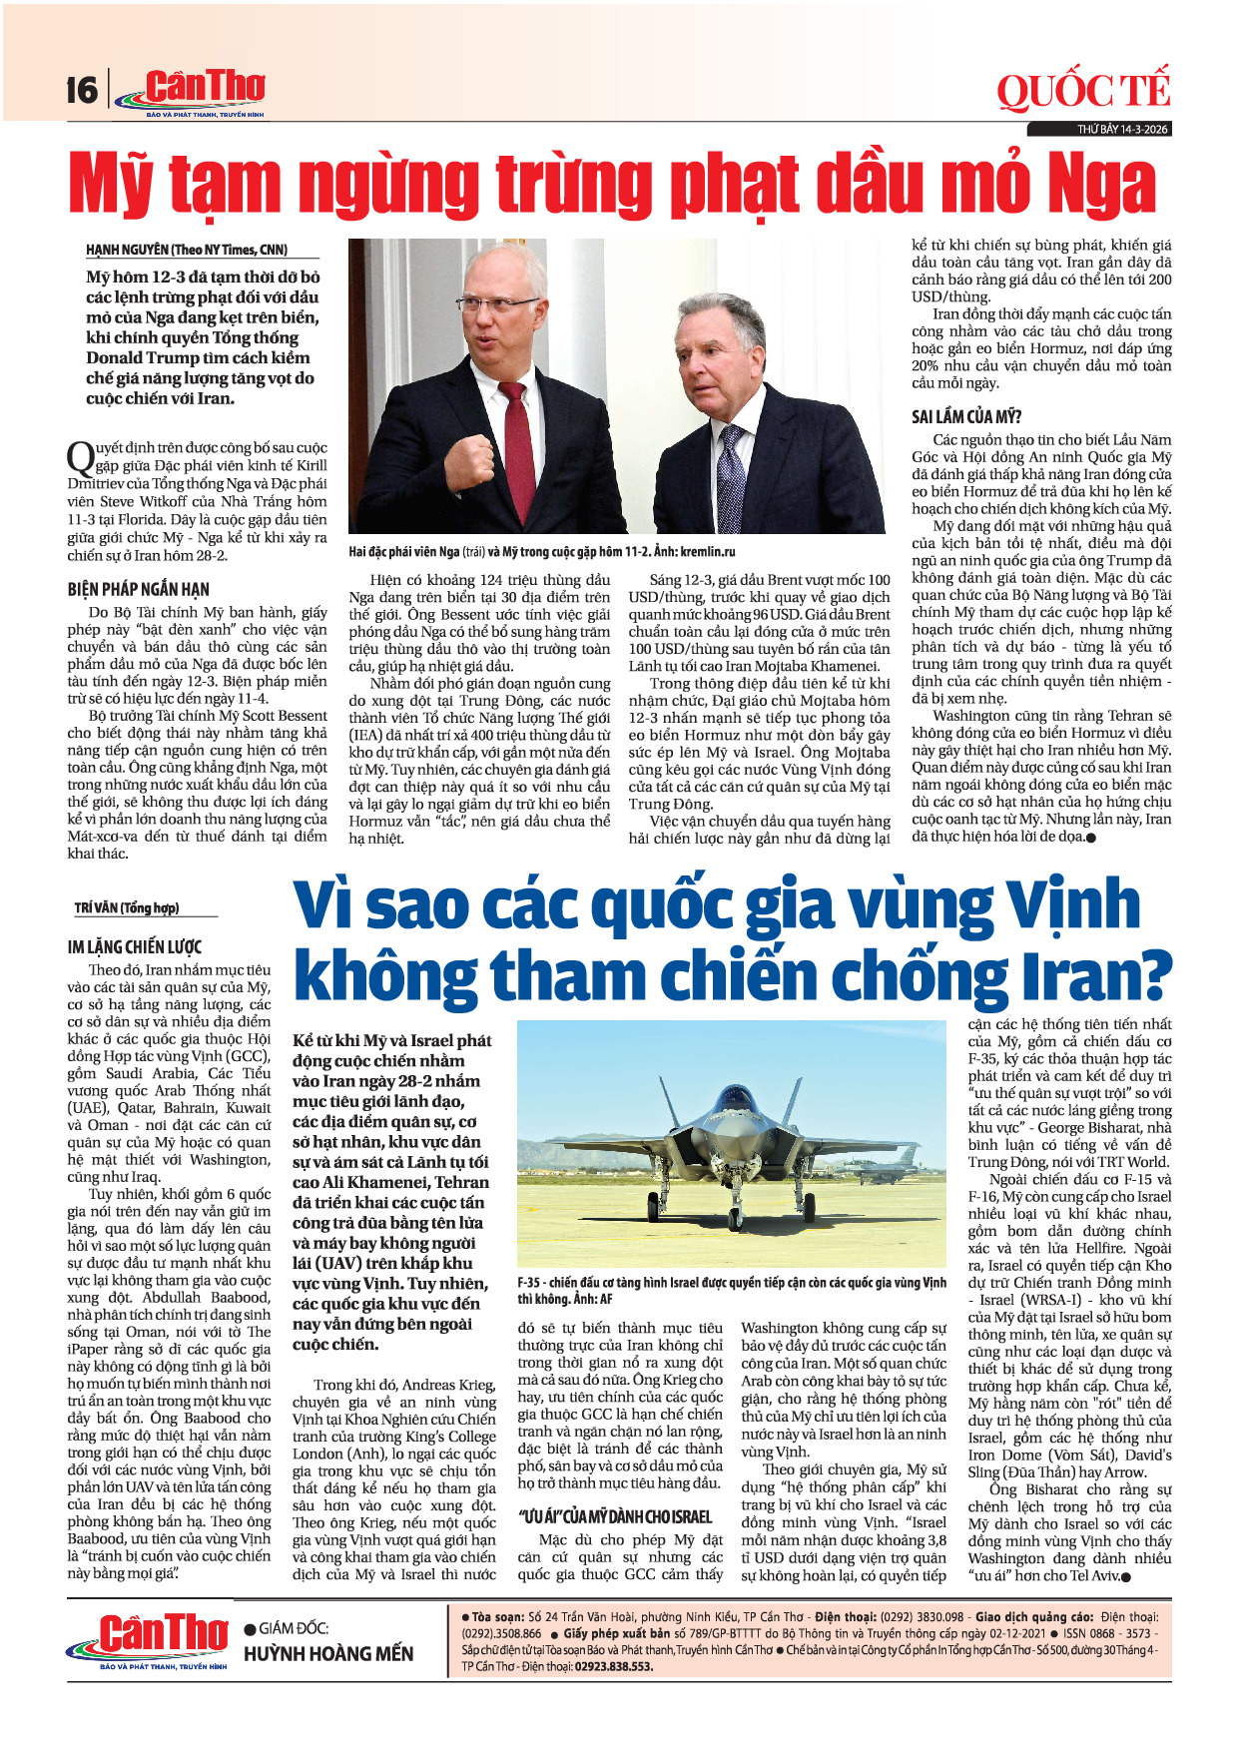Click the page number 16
pos(82,91)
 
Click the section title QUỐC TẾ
pos(1082,91)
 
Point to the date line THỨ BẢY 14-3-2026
pos(1122,130)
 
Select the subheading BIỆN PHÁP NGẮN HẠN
pos(139,589)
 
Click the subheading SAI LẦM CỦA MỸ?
pos(966,416)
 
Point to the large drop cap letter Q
pos(80,459)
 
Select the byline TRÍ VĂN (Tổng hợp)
pos(127,907)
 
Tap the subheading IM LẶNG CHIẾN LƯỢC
pos(135,946)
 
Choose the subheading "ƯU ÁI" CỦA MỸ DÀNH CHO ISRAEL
pos(615,1516)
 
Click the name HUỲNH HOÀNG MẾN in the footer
pos(328,1654)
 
